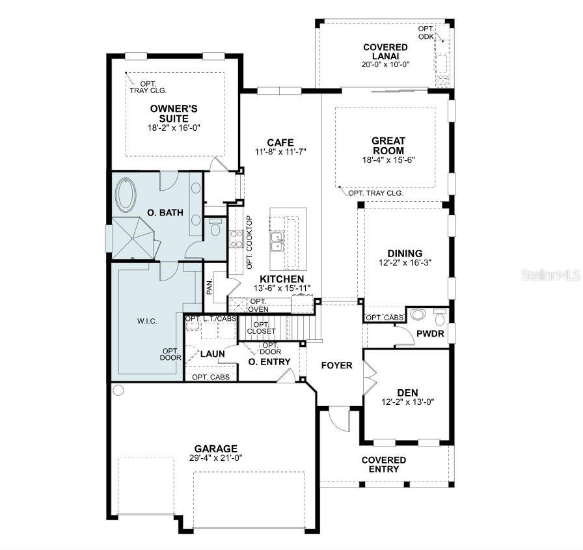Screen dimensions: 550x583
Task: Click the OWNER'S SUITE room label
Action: click(x=174, y=113)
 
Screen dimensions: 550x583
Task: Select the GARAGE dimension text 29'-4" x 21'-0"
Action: click(x=215, y=458)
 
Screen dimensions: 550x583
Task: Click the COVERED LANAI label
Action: click(x=385, y=51)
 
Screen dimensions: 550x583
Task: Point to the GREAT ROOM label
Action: click(x=388, y=145)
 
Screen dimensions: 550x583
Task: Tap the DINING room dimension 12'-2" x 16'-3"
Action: click(x=405, y=262)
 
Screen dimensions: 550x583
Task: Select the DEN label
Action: click(x=407, y=392)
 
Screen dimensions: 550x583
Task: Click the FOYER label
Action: click(x=337, y=365)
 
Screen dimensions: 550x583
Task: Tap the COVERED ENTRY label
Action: click(x=384, y=465)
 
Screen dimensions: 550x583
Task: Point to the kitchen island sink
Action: click(x=277, y=241)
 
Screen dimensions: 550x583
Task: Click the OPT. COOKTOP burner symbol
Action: click(x=236, y=239)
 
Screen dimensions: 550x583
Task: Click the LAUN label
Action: click(x=213, y=354)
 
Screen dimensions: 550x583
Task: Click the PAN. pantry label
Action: click(x=210, y=287)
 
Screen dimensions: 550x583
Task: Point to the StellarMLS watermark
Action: click(x=550, y=275)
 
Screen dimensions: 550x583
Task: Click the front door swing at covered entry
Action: click(x=339, y=418)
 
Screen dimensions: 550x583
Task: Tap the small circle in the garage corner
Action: click(x=118, y=391)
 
